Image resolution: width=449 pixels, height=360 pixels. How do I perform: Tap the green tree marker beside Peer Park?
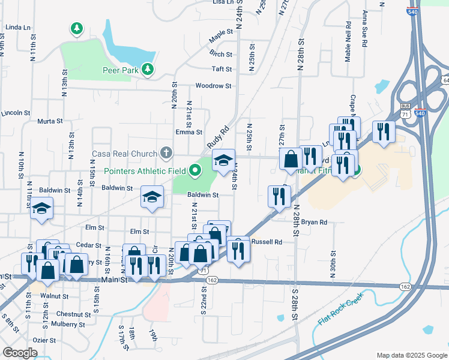(x=146, y=70)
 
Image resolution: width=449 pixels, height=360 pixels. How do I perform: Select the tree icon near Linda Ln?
(x=76, y=28)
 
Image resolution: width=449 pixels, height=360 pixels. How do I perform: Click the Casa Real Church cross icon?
(x=166, y=153)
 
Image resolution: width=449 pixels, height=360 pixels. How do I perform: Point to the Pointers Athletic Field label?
(x=145, y=171)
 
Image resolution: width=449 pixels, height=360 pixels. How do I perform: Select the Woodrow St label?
(x=213, y=86)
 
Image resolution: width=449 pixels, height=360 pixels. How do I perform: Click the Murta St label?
(x=50, y=121)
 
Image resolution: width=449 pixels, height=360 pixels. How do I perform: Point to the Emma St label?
(x=188, y=132)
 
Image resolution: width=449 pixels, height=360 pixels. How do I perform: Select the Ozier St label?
(x=43, y=340)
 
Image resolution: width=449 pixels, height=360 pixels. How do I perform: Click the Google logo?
(x=20, y=353)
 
